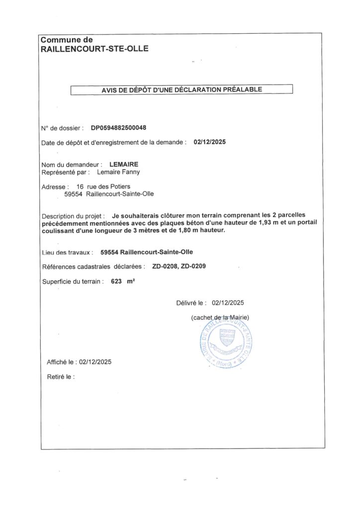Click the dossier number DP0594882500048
[119, 128]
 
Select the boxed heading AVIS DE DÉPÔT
[181, 89]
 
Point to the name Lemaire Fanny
[118, 172]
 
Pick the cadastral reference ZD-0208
[164, 266]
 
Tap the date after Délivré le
[228, 302]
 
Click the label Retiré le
[61, 377]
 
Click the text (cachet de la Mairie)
[220, 317]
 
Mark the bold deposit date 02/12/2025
[209, 142]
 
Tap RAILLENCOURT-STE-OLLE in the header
[94, 49]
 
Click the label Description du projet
[73, 216]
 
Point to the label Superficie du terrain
[73, 281]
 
